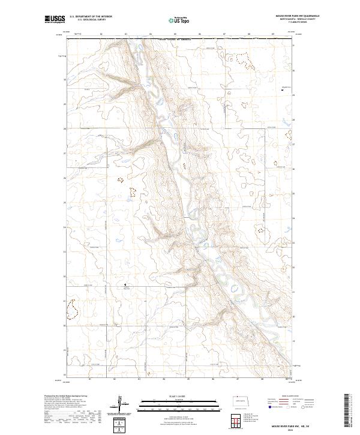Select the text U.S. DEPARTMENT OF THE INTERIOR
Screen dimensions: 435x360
coord(91,17)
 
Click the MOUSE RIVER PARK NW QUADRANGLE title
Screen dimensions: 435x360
coord(298,17)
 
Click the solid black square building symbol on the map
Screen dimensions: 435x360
coord(283,89)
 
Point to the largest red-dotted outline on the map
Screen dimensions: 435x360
coord(73,309)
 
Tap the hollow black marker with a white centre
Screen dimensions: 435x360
coord(125,285)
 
